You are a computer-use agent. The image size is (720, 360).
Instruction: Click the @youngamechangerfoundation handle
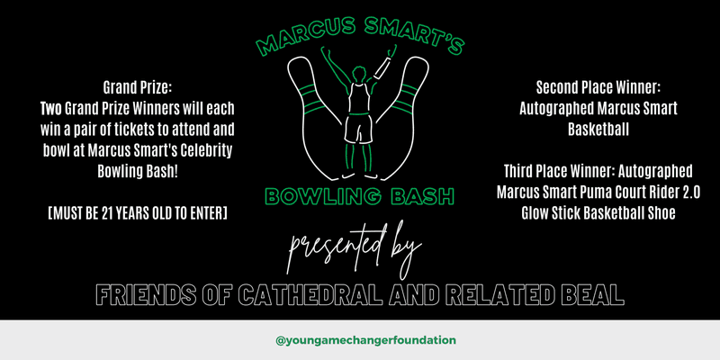click(365, 340)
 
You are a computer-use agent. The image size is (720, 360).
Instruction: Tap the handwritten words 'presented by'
click(354, 249)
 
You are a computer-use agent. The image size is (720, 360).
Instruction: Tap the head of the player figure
click(358, 74)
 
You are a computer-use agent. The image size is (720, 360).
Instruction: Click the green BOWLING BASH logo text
click(359, 195)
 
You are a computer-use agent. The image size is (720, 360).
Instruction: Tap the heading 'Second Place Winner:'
click(598, 87)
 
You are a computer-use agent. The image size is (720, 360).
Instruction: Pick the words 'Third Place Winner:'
click(559, 171)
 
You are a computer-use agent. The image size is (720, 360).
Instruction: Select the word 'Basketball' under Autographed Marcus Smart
click(598, 130)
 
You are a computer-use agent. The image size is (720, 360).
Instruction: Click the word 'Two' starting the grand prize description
click(50, 109)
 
